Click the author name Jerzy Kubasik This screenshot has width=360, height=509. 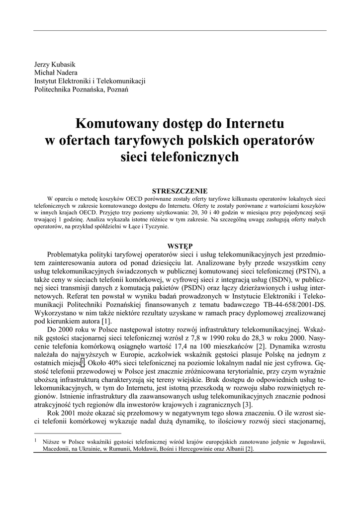click(x=55, y=65)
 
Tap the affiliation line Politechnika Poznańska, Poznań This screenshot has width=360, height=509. click(x=81, y=89)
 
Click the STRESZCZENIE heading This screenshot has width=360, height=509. click(x=180, y=191)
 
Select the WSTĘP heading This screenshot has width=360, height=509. click(x=180, y=246)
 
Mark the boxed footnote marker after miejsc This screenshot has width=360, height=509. click(x=89, y=364)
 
